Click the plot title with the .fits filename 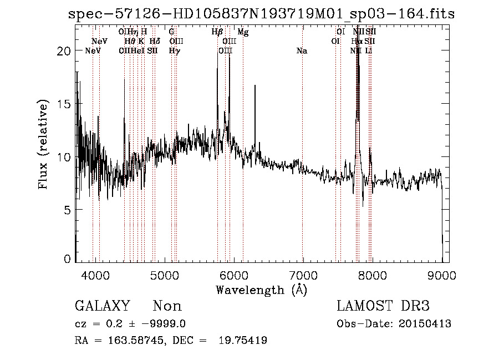261,14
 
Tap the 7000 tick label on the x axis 303,274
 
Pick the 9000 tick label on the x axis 441,274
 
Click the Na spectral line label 302,51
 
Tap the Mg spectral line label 243,32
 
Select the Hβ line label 217,32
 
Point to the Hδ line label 155,41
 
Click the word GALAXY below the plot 103,306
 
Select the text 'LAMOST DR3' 383,306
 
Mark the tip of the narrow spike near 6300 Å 255,85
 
